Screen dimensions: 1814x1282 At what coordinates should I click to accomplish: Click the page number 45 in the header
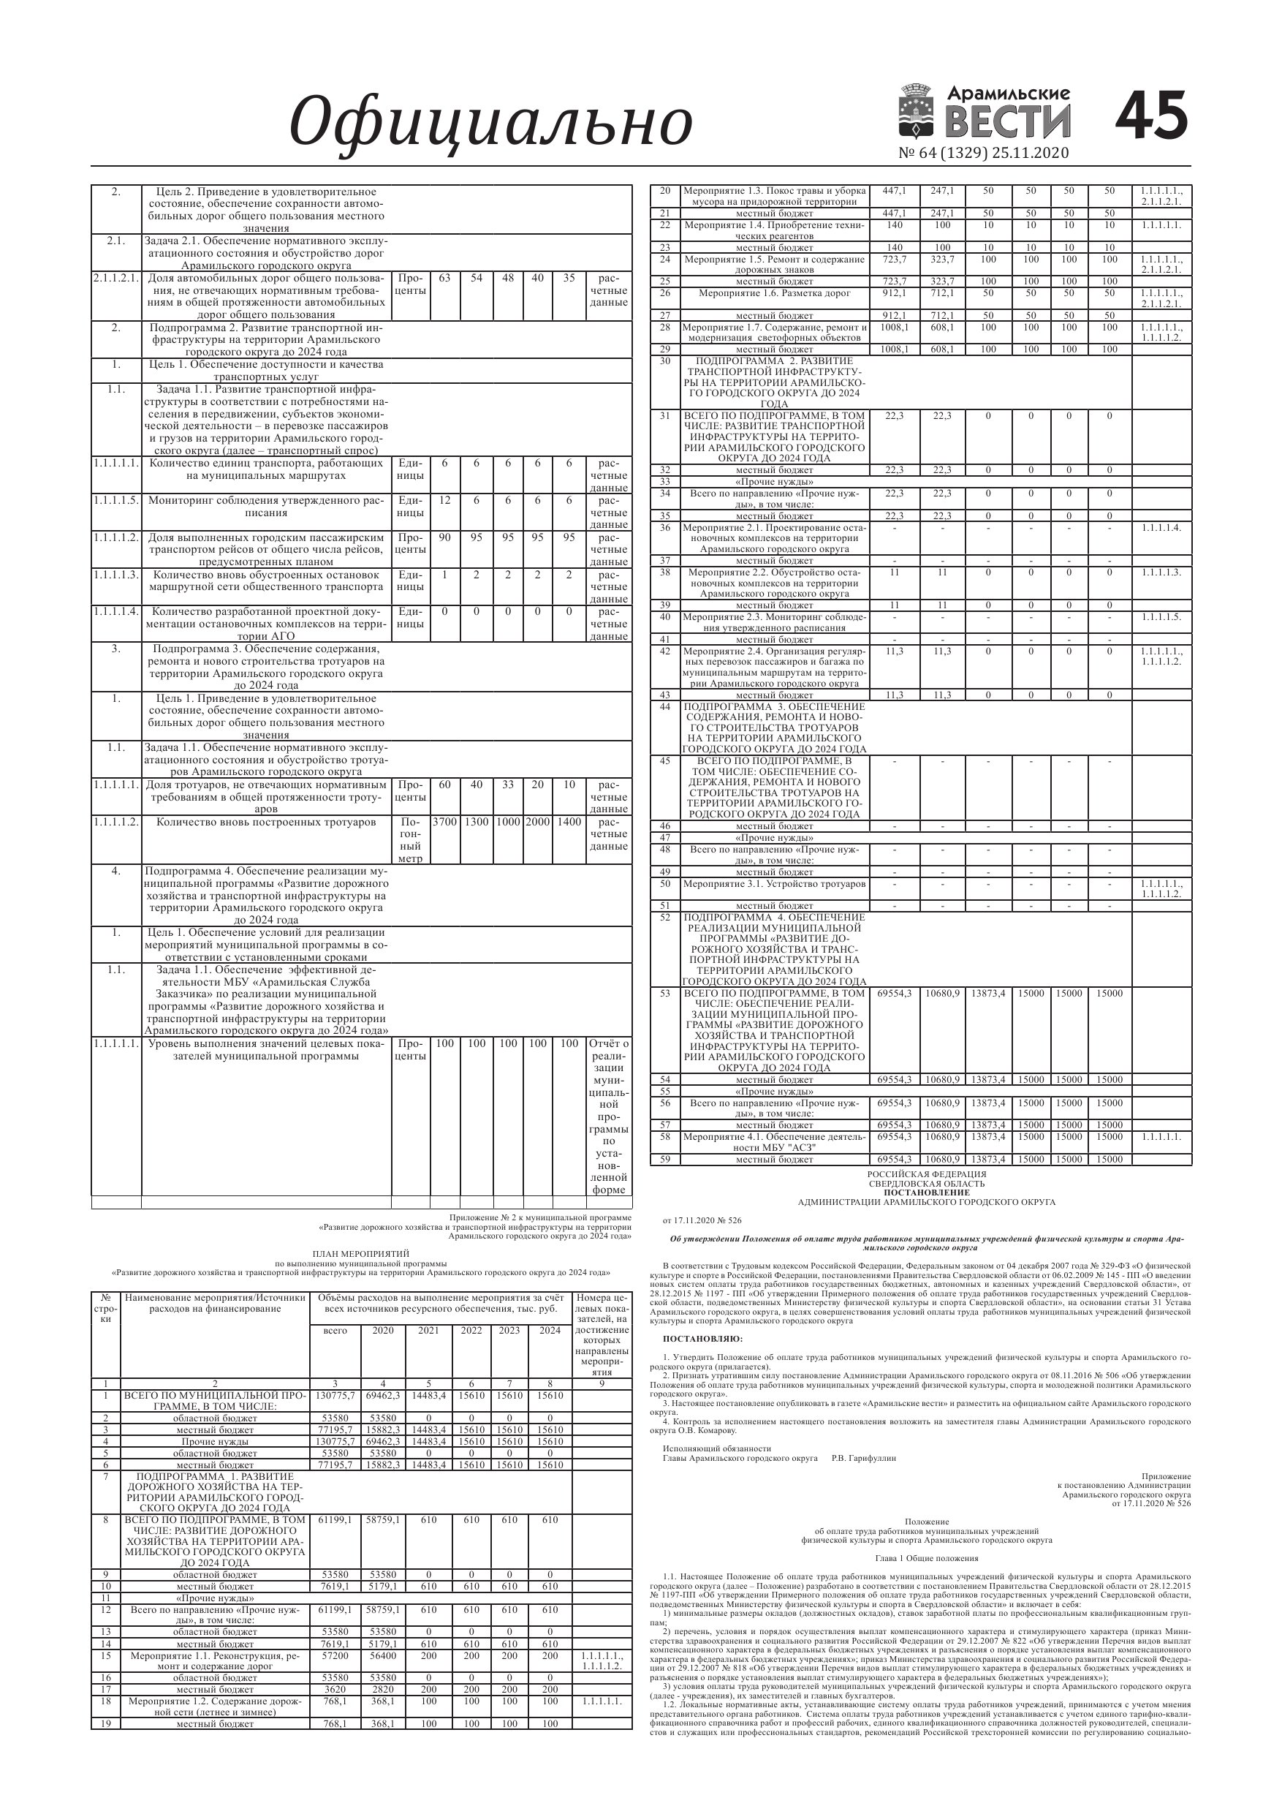coord(1152,116)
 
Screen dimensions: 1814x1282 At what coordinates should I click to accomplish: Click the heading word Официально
coord(490,122)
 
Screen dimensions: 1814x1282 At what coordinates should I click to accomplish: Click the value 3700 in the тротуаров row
coord(444,822)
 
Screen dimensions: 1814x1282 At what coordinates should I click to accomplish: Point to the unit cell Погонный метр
coord(411,840)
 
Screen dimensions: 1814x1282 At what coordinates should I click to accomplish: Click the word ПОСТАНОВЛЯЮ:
coord(702,1338)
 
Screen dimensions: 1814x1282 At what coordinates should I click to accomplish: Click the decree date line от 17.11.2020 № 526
coord(702,1220)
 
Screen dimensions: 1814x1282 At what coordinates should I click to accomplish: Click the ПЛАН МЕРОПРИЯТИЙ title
coord(361,1254)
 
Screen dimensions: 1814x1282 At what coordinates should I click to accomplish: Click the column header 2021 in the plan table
coord(428,1330)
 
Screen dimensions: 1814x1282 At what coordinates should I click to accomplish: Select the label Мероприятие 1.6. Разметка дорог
coord(774,293)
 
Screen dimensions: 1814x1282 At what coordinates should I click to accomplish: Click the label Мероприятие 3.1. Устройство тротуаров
coord(774,884)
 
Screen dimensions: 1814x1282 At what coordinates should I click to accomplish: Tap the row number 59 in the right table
coord(664,1159)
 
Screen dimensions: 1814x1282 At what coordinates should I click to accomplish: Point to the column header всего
coord(335,1330)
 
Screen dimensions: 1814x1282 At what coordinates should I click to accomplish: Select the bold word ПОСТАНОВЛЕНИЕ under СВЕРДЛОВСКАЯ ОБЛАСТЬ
coord(927,1193)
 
